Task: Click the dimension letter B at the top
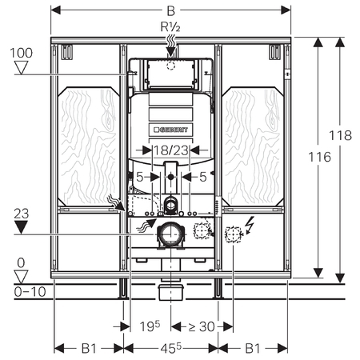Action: (x=171, y=11)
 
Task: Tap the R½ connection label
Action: (x=170, y=26)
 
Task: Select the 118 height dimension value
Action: (x=341, y=135)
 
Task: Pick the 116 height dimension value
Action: (x=319, y=157)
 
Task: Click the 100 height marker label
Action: (x=22, y=53)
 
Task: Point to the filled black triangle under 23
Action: (x=21, y=227)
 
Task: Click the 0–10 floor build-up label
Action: (x=30, y=292)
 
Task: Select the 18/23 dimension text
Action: (x=171, y=150)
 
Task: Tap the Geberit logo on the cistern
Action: (x=170, y=130)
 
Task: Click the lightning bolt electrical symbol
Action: (x=250, y=225)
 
